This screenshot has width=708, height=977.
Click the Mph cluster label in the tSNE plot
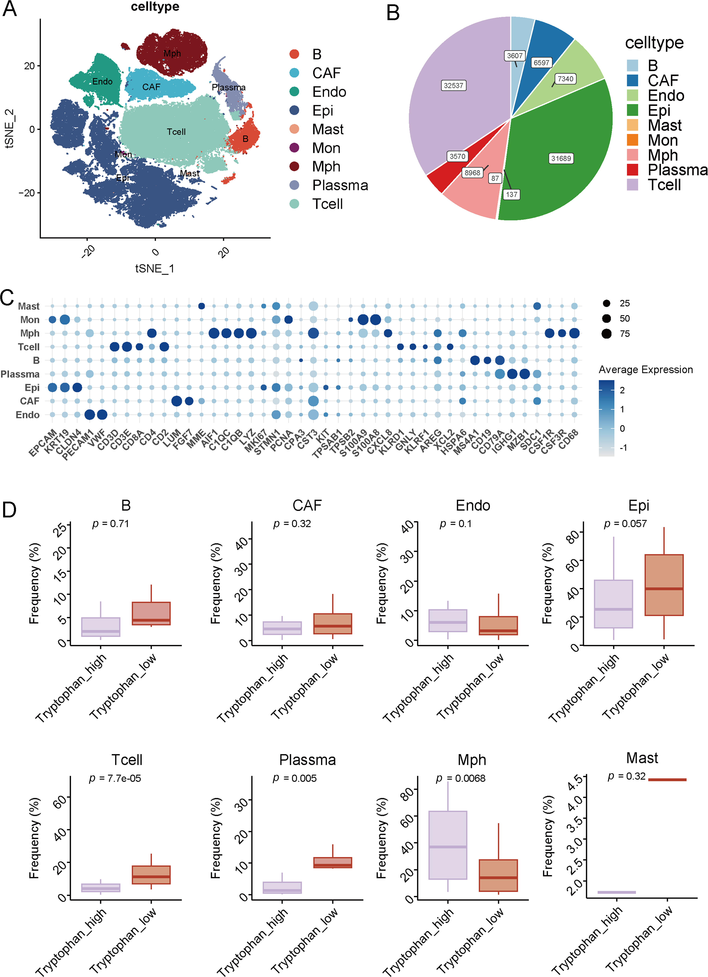click(172, 53)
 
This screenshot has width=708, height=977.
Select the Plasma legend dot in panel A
click(294, 185)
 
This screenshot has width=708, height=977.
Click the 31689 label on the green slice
click(561, 159)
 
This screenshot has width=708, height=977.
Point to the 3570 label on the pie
click(457, 156)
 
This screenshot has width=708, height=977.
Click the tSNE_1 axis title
click(155, 269)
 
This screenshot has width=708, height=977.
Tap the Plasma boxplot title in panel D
click(307, 759)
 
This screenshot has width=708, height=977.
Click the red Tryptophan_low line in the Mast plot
click(667, 779)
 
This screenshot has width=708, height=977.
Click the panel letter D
click(9, 510)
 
